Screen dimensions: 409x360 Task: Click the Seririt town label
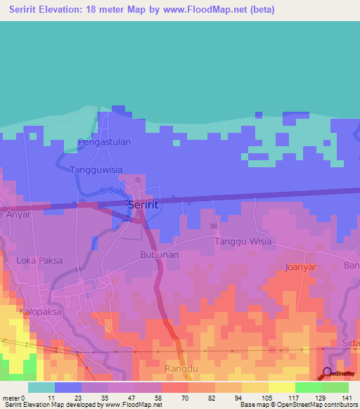click(x=143, y=204)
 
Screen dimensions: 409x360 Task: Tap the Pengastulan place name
click(x=104, y=141)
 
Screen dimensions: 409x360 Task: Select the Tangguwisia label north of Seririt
click(x=97, y=169)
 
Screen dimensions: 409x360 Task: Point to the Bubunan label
click(x=159, y=254)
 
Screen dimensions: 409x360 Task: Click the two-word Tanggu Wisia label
click(x=243, y=242)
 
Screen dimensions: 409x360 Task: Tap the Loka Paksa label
click(x=39, y=260)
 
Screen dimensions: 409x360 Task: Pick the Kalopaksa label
click(x=38, y=310)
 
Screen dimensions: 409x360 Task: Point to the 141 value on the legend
click(x=347, y=398)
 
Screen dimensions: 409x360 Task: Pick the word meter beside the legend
click(x=13, y=398)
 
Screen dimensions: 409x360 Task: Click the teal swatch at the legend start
click(x=41, y=387)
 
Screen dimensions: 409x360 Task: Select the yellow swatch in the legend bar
click(x=281, y=387)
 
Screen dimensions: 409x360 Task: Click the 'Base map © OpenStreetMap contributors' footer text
click(x=297, y=405)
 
